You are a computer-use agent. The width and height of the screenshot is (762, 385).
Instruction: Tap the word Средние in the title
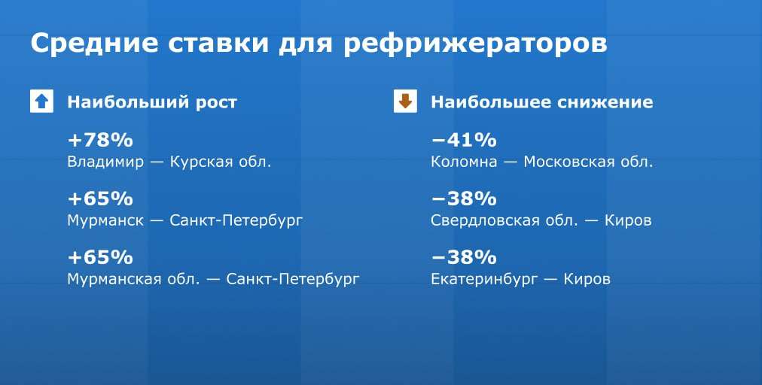(94, 43)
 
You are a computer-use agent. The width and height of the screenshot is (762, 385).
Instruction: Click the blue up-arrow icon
(42, 102)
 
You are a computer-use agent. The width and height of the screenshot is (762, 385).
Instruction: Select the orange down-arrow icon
(405, 102)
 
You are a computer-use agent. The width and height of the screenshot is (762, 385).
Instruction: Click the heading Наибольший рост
(151, 102)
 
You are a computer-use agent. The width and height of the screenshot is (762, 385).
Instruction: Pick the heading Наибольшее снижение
(541, 102)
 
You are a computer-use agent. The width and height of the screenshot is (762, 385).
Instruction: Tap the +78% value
(100, 141)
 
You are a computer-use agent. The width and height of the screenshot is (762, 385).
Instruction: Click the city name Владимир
(105, 162)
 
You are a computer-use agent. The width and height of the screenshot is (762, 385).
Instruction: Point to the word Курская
(201, 162)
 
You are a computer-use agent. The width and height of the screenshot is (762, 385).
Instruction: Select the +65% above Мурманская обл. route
(100, 257)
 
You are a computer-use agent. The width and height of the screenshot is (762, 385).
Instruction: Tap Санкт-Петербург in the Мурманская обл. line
(293, 280)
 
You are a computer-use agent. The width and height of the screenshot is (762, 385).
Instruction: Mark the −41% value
(464, 141)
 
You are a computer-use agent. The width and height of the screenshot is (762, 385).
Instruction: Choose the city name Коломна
(464, 162)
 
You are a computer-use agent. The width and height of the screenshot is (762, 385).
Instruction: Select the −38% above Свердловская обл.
(464, 199)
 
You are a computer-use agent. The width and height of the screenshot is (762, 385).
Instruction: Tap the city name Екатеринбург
(484, 280)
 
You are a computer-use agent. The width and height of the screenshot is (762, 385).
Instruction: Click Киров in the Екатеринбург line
(587, 280)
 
